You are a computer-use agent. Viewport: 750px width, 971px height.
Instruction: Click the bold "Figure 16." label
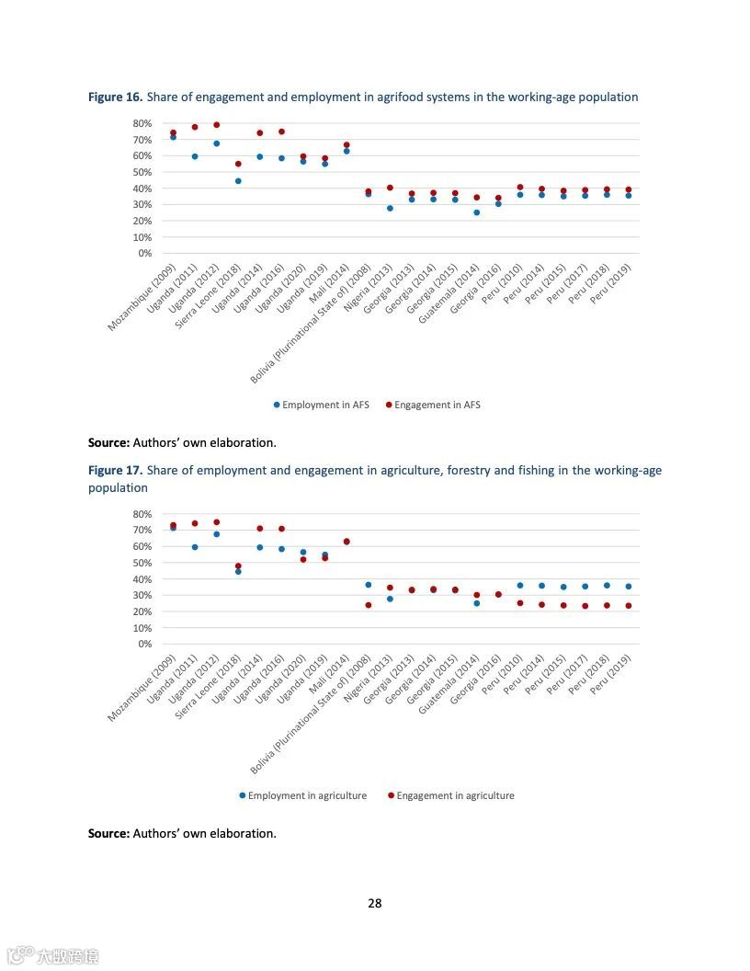click(x=115, y=97)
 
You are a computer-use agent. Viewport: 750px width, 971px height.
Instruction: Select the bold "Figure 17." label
click(x=115, y=470)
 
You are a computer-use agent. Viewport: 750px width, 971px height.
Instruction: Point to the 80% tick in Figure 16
click(x=142, y=123)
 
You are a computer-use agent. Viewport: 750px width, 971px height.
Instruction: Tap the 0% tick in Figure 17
click(x=144, y=645)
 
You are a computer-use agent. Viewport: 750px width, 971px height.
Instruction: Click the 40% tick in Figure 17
click(x=142, y=579)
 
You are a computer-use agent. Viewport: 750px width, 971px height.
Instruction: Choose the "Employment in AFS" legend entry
click(x=321, y=405)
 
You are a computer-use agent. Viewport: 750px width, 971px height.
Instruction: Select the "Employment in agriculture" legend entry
click(x=302, y=795)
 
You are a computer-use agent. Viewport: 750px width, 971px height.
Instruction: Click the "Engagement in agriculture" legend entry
click(x=450, y=795)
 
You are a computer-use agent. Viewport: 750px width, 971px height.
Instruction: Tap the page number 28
click(x=375, y=903)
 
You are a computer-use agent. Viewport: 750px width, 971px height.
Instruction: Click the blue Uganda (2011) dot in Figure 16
click(x=195, y=156)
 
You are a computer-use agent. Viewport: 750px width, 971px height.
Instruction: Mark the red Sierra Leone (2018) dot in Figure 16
click(x=238, y=164)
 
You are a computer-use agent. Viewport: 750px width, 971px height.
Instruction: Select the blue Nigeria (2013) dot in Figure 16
click(x=390, y=208)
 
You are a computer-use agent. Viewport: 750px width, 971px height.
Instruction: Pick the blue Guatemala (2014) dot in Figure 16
click(x=476, y=212)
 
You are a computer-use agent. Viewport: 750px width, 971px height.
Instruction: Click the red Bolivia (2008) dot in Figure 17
click(x=369, y=605)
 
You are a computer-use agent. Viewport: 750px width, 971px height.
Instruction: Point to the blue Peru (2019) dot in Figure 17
click(x=629, y=586)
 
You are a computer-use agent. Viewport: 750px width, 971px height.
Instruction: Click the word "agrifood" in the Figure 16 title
click(x=400, y=97)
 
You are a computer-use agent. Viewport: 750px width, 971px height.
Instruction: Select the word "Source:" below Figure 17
click(x=108, y=833)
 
